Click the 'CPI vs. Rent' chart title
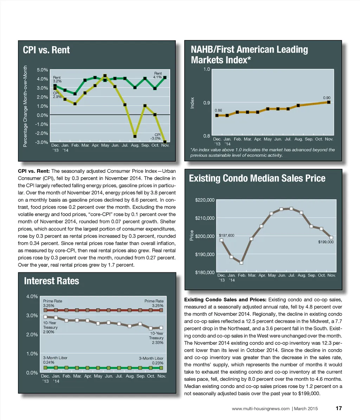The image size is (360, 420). point(46,50)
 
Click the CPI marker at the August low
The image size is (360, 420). point(135,136)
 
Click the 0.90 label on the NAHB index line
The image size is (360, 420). point(327,98)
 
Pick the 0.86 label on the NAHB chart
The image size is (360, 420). point(218,110)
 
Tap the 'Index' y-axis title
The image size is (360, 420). point(192,103)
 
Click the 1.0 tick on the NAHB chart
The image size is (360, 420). point(207,69)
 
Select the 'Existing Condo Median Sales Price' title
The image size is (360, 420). point(257,179)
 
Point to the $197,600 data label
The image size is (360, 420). point(226,235)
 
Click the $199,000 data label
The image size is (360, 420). point(326,242)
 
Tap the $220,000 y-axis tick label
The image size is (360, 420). point(205,200)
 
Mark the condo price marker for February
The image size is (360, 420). point(242,263)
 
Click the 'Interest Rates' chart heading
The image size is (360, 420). point(51,281)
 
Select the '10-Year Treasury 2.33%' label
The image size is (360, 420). point(156,338)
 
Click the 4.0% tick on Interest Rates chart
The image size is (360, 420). point(32,296)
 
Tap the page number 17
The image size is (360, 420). point(339,408)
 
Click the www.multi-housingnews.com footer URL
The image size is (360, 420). point(261,409)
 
